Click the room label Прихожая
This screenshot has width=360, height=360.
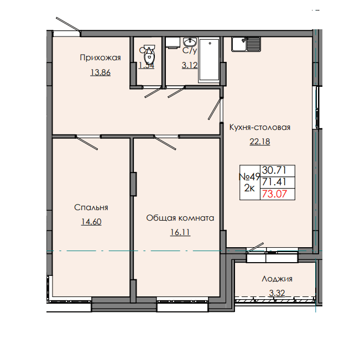coord(100,57)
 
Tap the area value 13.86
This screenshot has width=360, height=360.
coord(100,72)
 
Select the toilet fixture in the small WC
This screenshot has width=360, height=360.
coord(149,54)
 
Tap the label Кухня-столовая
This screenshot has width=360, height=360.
coord(259,127)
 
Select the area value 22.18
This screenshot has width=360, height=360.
coord(259,141)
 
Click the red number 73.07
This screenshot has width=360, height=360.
coord(279,194)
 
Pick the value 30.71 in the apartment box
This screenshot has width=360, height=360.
coord(279,170)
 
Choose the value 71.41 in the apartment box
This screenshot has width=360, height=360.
coord(279,182)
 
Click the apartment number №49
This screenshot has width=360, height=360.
coord(249,177)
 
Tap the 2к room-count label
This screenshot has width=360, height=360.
coord(249,188)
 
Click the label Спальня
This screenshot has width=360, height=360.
coord(91,207)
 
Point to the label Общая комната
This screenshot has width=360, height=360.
coord(180,218)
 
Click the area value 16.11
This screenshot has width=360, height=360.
coord(180,232)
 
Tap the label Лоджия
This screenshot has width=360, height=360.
coord(277,279)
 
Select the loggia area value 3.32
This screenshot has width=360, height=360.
coord(277,293)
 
